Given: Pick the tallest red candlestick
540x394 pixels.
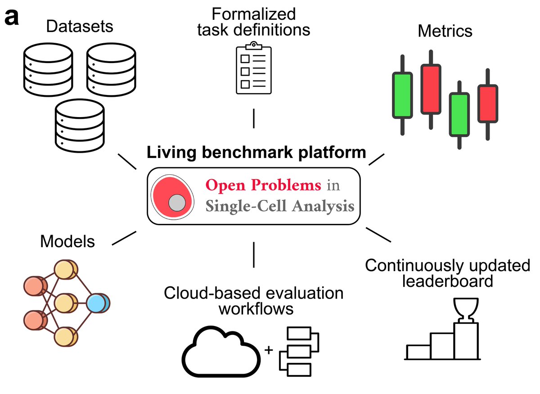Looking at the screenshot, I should pyautogui.click(x=431, y=89).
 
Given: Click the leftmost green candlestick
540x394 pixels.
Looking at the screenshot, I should pyautogui.click(x=402, y=95).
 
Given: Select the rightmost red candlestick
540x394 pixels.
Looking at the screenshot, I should pyautogui.click(x=487, y=104).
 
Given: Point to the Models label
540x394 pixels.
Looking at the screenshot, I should pyautogui.click(x=67, y=242).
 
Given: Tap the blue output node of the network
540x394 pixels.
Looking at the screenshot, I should pyautogui.click(x=98, y=304).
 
